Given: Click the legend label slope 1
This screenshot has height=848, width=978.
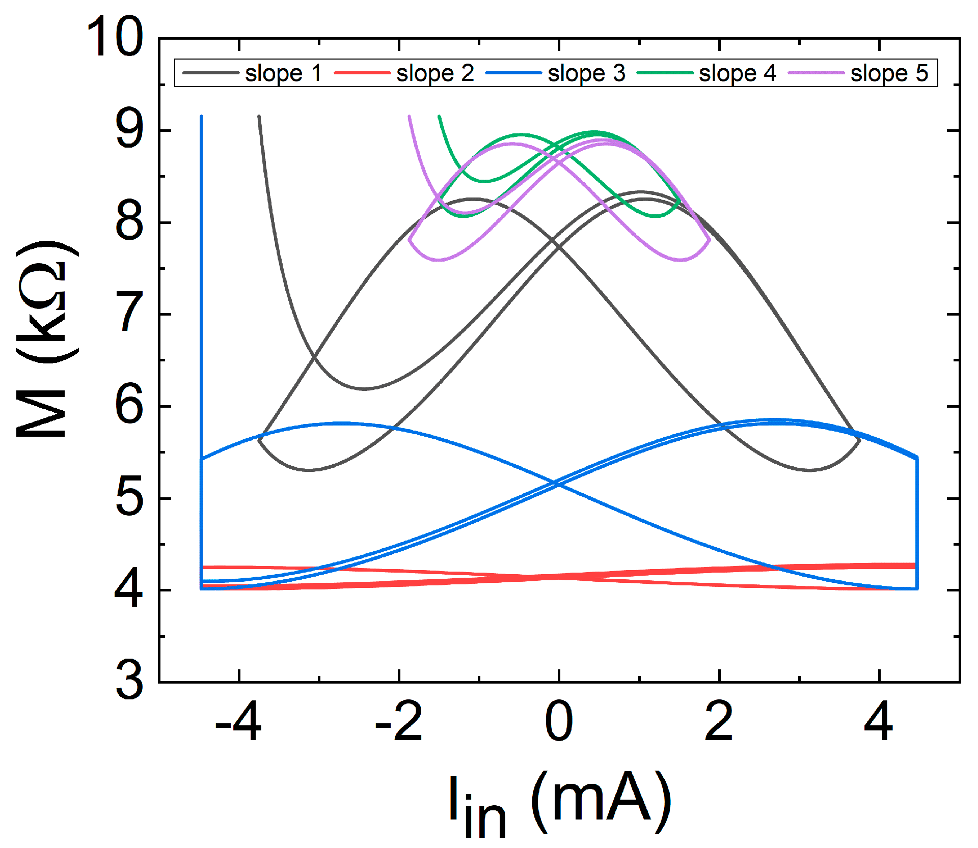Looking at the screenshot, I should (x=283, y=73).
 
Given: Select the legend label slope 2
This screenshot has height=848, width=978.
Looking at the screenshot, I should (x=435, y=73).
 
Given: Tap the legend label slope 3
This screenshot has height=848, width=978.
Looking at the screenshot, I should (x=586, y=73).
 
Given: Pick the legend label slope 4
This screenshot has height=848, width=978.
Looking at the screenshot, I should (x=737, y=73).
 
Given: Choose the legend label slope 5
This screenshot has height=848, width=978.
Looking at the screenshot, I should (x=889, y=73).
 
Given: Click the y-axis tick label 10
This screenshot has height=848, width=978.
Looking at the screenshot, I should (x=115, y=37).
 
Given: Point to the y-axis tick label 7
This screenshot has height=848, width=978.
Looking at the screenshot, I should (x=129, y=314).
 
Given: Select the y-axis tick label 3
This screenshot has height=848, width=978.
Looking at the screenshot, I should (x=129, y=681).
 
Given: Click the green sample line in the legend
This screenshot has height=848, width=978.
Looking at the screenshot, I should (x=665, y=73).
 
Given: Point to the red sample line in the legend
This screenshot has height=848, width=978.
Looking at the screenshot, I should (x=362, y=73).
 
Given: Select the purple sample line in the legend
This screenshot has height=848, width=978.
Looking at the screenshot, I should (x=816, y=73).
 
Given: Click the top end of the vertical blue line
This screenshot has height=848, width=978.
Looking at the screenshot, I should (x=201, y=117).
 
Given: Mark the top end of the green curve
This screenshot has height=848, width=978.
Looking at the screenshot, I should (x=439, y=117).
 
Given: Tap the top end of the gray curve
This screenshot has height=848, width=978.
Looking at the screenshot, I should (x=259, y=117).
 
